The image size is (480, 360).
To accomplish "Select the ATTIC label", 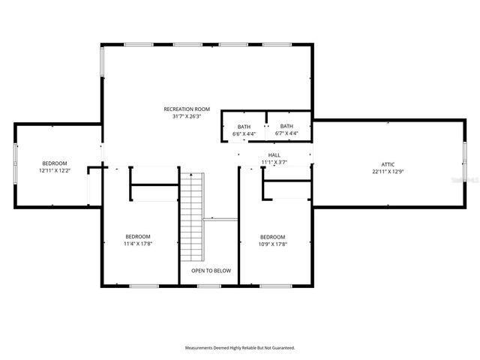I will (x=388, y=163).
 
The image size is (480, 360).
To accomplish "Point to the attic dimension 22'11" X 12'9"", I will (x=388, y=171).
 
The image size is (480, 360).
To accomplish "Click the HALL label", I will (x=274, y=154).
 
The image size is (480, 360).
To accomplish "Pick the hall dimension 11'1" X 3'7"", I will (x=274, y=162).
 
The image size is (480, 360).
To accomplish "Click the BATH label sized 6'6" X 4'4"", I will (x=244, y=127).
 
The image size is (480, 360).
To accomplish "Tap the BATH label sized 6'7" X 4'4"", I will (x=286, y=126).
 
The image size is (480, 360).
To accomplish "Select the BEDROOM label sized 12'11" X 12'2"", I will (x=54, y=163).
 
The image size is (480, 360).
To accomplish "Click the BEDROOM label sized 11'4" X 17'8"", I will (x=138, y=236).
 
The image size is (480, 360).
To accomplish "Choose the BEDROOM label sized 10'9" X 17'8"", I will (x=272, y=236).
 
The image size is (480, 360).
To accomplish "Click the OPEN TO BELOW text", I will (x=211, y=271).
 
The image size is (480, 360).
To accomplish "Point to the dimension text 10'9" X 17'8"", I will (x=272, y=244).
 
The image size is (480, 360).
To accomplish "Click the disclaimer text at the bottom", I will (x=240, y=348).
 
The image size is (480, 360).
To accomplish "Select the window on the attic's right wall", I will (x=464, y=163).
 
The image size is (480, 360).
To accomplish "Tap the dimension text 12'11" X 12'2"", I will (x=54, y=171).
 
